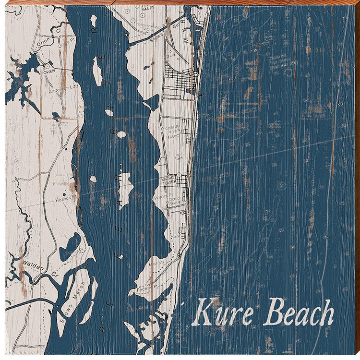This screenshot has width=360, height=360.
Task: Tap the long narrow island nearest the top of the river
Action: point(96,73)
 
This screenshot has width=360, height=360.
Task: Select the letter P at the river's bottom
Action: point(102,330)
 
